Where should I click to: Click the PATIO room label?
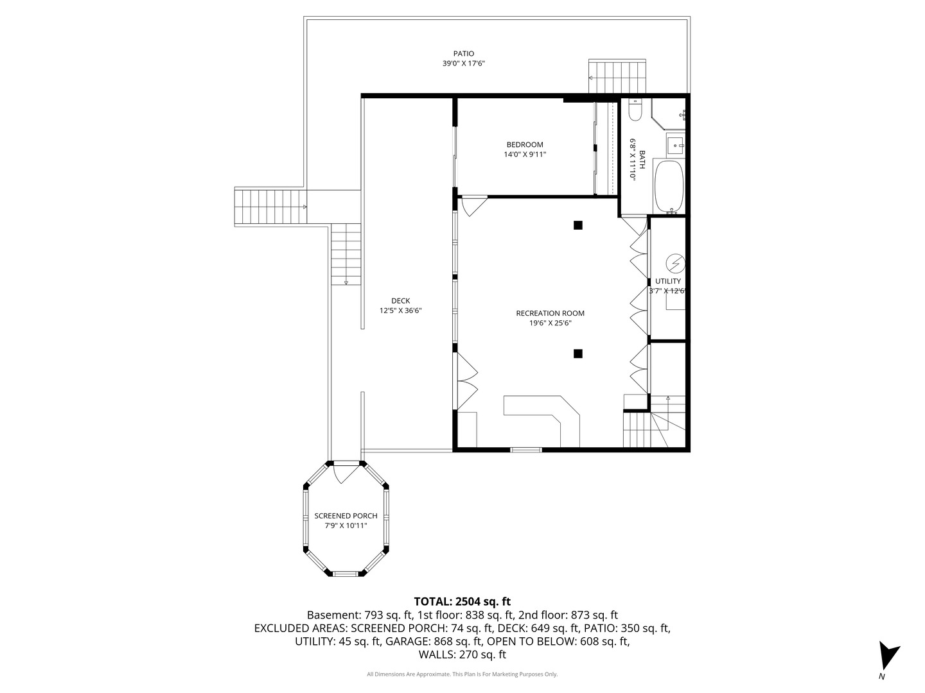pos(464,53)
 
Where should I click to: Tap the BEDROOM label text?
pos(525,145)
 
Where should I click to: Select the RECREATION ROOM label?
pos(550,313)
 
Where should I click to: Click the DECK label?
pos(400,301)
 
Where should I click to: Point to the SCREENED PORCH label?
pos(346,516)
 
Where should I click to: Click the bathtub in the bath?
pos(669,186)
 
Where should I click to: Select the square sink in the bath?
pos(676,145)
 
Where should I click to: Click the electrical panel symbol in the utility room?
pos(675,264)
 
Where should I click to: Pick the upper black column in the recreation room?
pos(577,225)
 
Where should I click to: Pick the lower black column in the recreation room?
pos(577,354)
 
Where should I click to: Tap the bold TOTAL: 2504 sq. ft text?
pos(462,601)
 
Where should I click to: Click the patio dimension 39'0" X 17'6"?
pos(464,64)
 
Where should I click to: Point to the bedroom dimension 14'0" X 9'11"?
pos(525,155)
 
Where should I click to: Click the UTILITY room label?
pos(667,281)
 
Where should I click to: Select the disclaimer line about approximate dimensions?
pos(462,674)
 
